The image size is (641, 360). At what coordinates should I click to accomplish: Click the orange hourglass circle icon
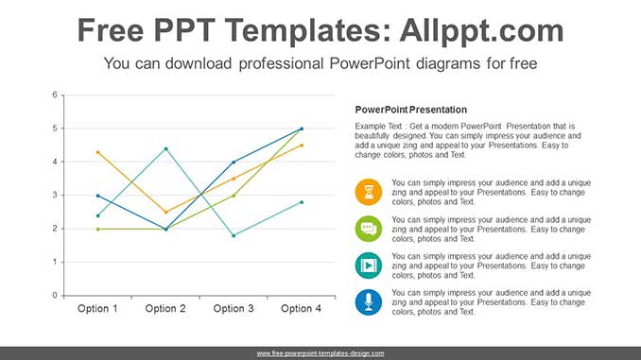point(369,193)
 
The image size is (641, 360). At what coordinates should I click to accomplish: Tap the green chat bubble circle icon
point(369,230)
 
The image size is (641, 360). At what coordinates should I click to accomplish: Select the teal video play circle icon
point(369,266)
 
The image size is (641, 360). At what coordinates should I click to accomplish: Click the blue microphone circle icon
point(369,302)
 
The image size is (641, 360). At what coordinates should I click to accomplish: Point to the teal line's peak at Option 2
point(165,148)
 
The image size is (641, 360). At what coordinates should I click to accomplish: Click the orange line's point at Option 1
point(97,152)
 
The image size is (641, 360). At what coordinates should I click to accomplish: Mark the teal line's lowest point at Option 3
point(234,235)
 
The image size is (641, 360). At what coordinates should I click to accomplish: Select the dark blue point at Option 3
point(234,162)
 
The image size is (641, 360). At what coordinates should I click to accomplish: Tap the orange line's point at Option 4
point(302,145)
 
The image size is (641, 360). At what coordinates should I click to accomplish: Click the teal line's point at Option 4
point(302,202)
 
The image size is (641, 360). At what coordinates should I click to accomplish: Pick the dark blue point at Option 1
point(97,196)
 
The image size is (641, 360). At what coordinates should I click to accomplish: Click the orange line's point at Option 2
point(165,212)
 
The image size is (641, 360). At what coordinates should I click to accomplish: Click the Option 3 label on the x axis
point(234,309)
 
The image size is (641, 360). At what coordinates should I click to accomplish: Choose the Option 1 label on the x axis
point(97,309)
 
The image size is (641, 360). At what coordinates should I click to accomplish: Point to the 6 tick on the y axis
point(55,94)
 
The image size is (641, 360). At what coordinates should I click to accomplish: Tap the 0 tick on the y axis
point(55,296)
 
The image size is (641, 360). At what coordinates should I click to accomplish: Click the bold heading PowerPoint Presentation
point(410,110)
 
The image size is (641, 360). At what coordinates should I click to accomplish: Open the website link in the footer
point(320,352)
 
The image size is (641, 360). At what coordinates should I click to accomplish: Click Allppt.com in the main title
point(481,30)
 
